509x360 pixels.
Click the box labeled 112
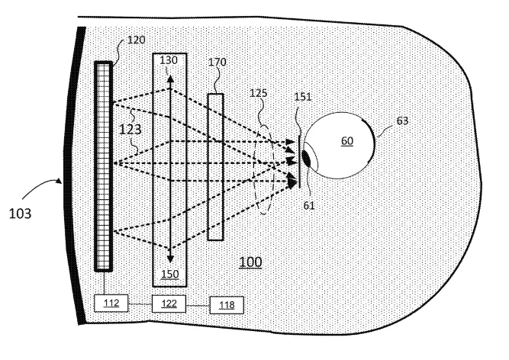click(111, 304)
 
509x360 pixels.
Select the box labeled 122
click(169, 304)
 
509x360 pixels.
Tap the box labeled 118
click(227, 305)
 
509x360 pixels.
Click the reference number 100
click(250, 262)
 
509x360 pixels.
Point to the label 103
click(20, 214)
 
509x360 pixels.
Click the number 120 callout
click(137, 40)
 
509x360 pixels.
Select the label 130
click(169, 60)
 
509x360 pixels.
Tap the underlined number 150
click(169, 274)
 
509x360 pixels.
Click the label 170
click(217, 62)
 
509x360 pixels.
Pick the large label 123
click(130, 130)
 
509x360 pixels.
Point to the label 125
click(259, 93)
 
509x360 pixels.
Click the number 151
click(303, 97)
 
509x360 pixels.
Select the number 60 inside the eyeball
click(347, 141)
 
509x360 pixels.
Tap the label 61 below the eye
click(309, 205)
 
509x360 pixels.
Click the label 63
click(402, 121)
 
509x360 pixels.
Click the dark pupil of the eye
click(307, 158)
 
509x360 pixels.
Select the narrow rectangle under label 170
click(215, 167)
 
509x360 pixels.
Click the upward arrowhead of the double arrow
click(169, 79)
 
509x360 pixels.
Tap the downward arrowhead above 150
click(169, 259)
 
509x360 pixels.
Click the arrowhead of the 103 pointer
click(59, 181)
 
